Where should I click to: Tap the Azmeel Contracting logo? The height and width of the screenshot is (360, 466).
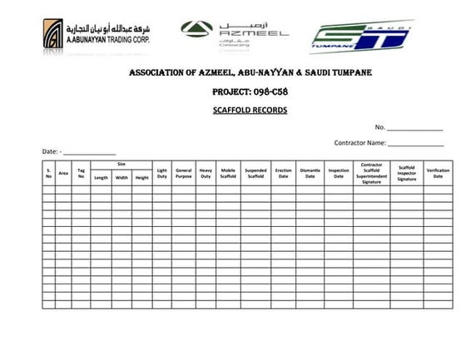(235, 33)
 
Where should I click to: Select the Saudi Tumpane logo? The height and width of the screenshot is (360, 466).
(362, 37)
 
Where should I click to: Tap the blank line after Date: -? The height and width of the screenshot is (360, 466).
(89, 154)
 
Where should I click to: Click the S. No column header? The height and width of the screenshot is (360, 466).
(49, 173)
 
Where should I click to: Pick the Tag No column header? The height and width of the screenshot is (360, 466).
(81, 173)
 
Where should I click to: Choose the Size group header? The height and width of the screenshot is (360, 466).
(121, 165)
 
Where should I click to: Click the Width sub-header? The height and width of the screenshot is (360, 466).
(121, 177)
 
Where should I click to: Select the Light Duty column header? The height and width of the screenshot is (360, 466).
(162, 173)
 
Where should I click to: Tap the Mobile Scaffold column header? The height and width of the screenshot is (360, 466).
(228, 173)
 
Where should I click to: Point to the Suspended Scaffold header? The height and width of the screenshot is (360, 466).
(256, 173)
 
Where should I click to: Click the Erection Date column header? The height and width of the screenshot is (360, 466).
(283, 173)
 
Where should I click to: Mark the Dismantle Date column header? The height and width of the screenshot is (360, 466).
(310, 173)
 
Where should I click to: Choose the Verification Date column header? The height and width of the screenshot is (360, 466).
(438, 173)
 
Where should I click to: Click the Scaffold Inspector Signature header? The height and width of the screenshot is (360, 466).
(406, 173)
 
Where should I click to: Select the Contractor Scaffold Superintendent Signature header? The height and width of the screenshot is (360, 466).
(371, 173)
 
